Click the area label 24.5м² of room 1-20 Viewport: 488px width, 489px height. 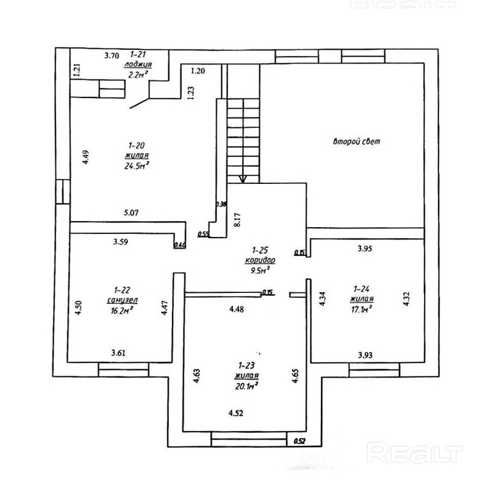[137, 164]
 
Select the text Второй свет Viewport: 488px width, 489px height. [356, 142]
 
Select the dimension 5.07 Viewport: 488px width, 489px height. [132, 213]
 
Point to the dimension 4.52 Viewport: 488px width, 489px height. [237, 413]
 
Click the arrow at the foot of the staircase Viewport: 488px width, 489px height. [243, 178]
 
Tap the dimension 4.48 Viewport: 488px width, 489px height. [237, 309]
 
